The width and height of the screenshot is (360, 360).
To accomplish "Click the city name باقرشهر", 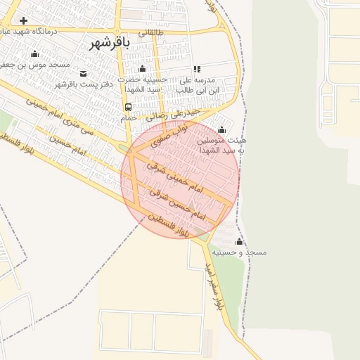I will click(110, 43).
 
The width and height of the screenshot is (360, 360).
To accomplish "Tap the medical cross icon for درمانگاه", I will click(23, 20).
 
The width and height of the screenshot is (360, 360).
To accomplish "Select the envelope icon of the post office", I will click(84, 74).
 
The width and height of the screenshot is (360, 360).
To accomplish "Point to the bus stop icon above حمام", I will click(128, 108).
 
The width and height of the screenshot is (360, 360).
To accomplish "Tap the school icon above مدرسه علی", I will click(197, 69).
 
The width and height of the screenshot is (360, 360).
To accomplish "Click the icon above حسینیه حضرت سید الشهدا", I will click(143, 69).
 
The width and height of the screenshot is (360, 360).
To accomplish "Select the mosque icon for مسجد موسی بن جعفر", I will click(34, 54).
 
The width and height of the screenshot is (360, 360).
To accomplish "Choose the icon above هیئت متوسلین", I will click(222, 130).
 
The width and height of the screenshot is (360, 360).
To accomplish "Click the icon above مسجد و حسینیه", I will click(239, 242).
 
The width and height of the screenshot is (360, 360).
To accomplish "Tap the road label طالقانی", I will click(150, 32).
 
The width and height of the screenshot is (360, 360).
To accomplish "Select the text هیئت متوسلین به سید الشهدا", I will click(221, 146).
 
